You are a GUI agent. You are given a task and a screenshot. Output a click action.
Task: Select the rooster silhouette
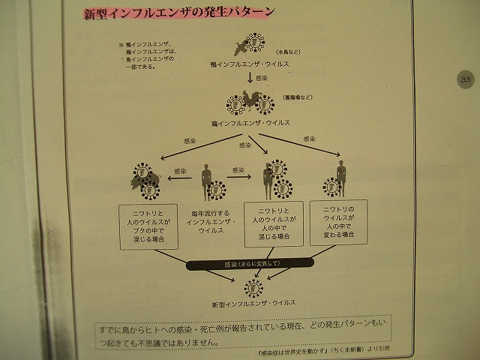(253, 100)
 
